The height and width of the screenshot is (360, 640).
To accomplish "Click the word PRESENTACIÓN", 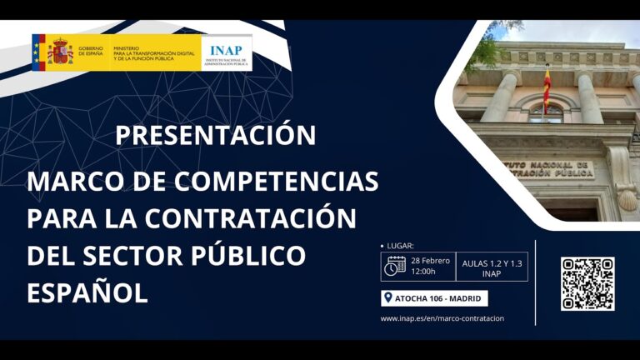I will coord(215,134).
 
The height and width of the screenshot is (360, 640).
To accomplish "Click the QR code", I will coord(587,284).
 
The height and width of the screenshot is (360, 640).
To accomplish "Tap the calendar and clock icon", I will coord(395,266).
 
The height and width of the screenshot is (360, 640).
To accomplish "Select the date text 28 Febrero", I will coord(431,260).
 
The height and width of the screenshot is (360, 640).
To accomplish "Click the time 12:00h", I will coord(424,272).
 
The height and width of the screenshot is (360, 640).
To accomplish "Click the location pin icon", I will coord(387,298).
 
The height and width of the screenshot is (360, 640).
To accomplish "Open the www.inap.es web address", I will coord(442,318).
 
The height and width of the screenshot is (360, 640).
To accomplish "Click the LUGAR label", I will coord(400,246).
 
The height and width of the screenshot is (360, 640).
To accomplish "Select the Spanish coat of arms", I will coord(60,52).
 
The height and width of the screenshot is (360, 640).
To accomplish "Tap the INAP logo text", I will coord(227,49).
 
